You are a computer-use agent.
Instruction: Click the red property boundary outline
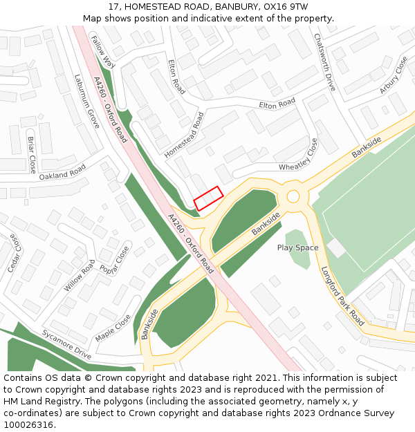208,198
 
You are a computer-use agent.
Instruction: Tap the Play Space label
298,247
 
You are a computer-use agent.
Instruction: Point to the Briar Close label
31,154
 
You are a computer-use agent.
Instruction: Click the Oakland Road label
62,172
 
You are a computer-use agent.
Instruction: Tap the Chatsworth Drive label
324,63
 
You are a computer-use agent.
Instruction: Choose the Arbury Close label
394,75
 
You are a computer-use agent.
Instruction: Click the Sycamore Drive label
66,344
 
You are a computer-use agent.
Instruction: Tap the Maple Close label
113,328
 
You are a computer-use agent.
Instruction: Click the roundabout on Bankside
293,196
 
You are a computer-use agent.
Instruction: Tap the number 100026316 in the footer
28,424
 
